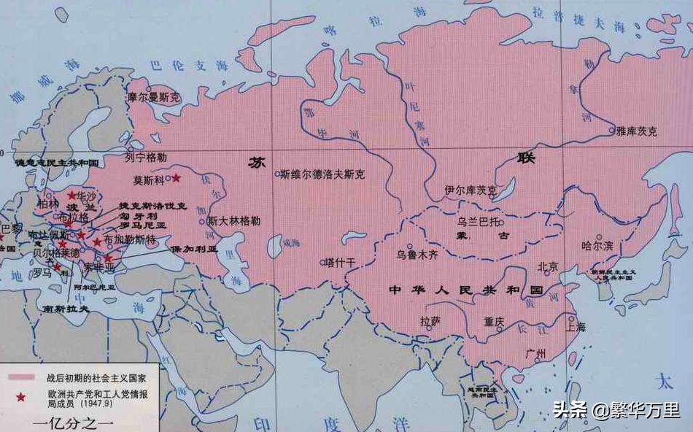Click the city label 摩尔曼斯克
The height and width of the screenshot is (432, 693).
pyautogui.click(x=154, y=96)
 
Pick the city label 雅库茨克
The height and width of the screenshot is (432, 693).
pyautogui.click(x=636, y=131)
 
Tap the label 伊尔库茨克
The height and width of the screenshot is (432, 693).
pyautogui.click(x=471, y=190)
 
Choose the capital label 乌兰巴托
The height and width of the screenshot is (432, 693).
pyautogui.click(x=479, y=220)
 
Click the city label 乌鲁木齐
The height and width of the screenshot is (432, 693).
pyautogui.click(x=417, y=255)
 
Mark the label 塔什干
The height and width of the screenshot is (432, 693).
pyautogui.click(x=340, y=261)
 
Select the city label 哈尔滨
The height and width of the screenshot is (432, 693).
pyautogui.click(x=597, y=246)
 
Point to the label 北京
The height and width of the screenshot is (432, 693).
pyautogui.click(x=547, y=267)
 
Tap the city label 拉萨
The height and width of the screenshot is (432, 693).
pyautogui.click(x=430, y=320)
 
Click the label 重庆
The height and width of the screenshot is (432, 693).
pyautogui.click(x=494, y=320)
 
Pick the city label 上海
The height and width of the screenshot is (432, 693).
pyautogui.click(x=576, y=327)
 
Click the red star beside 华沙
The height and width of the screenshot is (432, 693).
pyautogui.click(x=71, y=196)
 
